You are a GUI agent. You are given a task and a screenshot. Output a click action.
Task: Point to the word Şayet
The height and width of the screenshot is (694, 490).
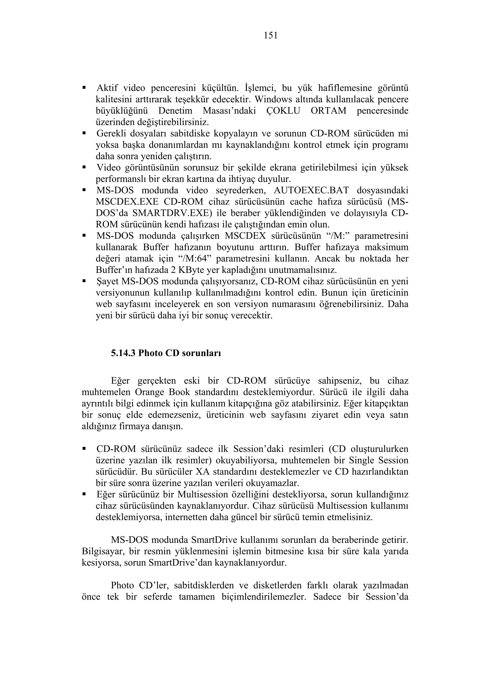pyautogui.click(x=107, y=282)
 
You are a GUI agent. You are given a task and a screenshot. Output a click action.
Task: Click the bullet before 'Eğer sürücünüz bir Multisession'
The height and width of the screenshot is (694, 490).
pyautogui.click(x=84, y=495)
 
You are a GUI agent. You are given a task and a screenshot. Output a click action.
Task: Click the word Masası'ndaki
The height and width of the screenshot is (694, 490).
pyautogui.click(x=229, y=111)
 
